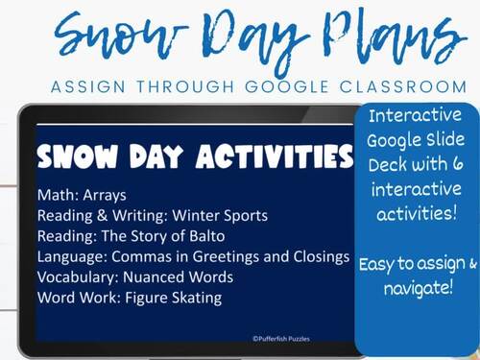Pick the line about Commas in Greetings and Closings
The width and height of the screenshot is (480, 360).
coord(192,256)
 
